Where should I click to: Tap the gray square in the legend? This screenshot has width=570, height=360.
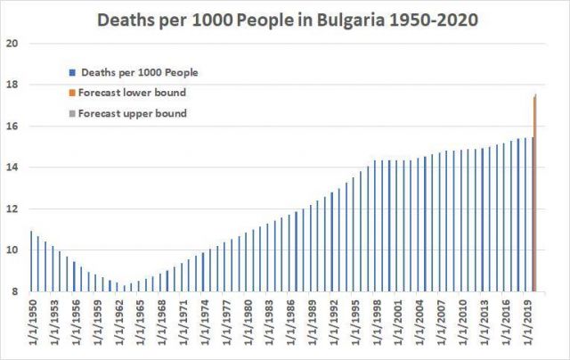coord(70,113)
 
